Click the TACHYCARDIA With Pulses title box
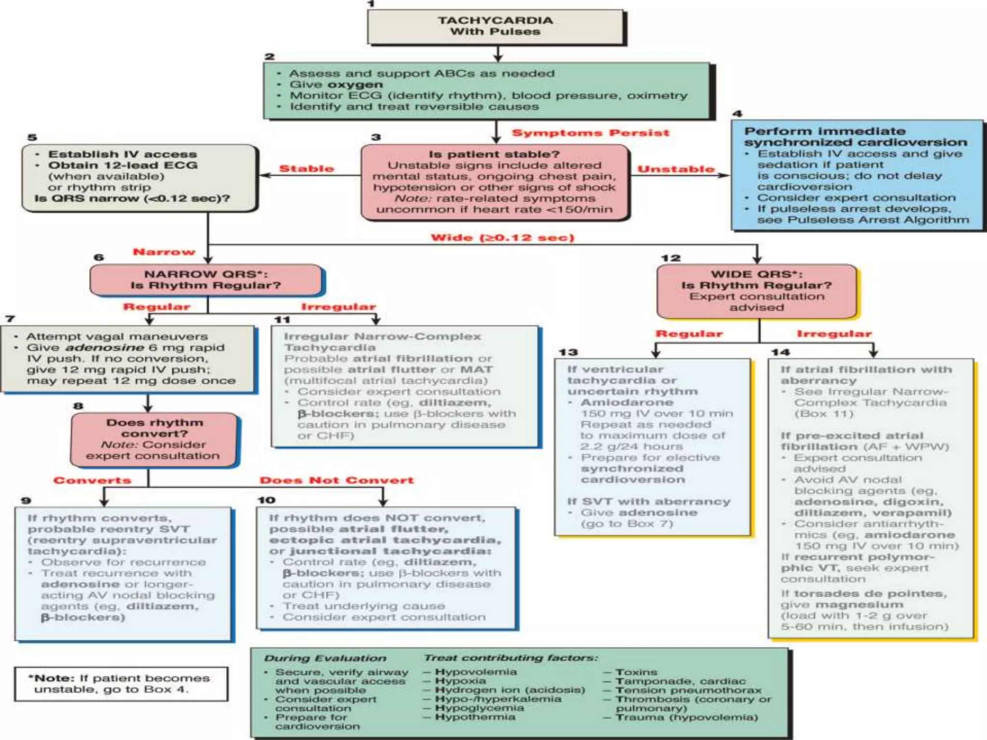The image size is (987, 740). pos(495,26)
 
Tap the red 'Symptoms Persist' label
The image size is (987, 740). pos(590,133)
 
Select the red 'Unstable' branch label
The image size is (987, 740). pos(676,169)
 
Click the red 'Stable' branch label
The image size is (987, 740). pos(307,169)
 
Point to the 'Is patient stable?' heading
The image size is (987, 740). pos(494,154)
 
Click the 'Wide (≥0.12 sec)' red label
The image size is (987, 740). pos(502,238)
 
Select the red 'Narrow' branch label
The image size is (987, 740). pos(164,252)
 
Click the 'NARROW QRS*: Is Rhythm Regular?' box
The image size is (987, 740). pos(206,280)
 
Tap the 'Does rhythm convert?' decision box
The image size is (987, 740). pos(154,439)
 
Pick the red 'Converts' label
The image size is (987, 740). pos(92,480)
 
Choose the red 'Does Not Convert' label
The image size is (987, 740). pos(336,480)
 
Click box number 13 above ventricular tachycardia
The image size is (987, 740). pos(568,352)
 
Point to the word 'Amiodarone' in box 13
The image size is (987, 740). pos(627,402)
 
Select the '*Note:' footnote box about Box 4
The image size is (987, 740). pos(121,684)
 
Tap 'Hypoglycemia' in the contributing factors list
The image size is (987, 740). pos(479,708)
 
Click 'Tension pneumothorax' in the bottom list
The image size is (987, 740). pos(688,690)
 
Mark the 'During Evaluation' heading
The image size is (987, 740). pos(325,658)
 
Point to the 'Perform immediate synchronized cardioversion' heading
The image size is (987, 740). pos(855,137)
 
